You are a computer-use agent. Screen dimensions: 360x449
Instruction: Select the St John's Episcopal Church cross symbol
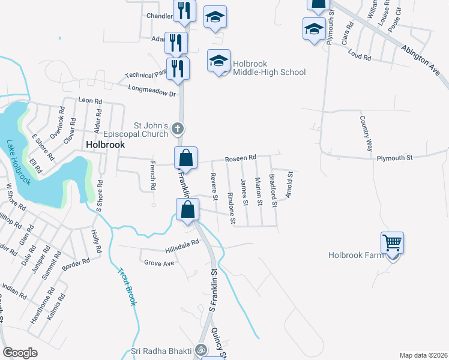(178, 128)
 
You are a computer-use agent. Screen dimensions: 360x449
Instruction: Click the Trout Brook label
(125, 287)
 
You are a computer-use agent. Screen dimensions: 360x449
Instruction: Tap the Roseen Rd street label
(240, 158)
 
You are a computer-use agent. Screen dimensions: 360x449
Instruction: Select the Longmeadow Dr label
(152, 91)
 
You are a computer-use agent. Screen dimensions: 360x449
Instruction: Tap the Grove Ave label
(159, 263)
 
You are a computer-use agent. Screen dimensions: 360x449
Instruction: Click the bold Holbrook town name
(105, 145)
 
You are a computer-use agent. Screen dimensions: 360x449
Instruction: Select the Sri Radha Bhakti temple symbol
(201, 350)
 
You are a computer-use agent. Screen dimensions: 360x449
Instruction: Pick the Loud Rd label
(360, 56)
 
